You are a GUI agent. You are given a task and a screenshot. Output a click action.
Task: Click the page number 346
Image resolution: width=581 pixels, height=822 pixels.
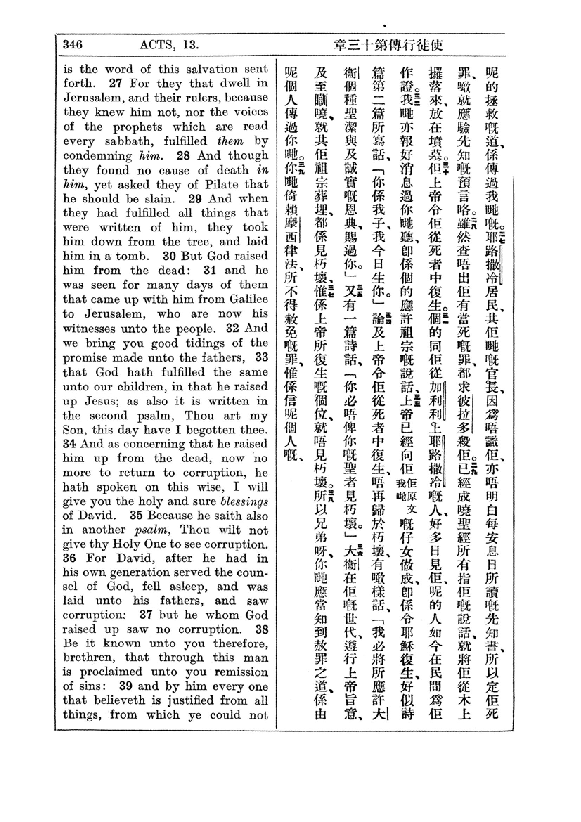pos(73,45)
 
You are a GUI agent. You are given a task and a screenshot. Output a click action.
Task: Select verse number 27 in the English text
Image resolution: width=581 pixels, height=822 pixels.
pos(116,83)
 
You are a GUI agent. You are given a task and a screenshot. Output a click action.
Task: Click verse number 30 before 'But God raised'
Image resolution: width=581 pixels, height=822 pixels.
pos(170,256)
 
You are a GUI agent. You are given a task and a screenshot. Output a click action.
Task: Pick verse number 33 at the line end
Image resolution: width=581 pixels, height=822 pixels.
pos(262,357)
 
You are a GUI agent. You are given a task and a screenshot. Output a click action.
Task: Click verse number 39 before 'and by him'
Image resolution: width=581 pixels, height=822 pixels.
pos(126,686)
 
